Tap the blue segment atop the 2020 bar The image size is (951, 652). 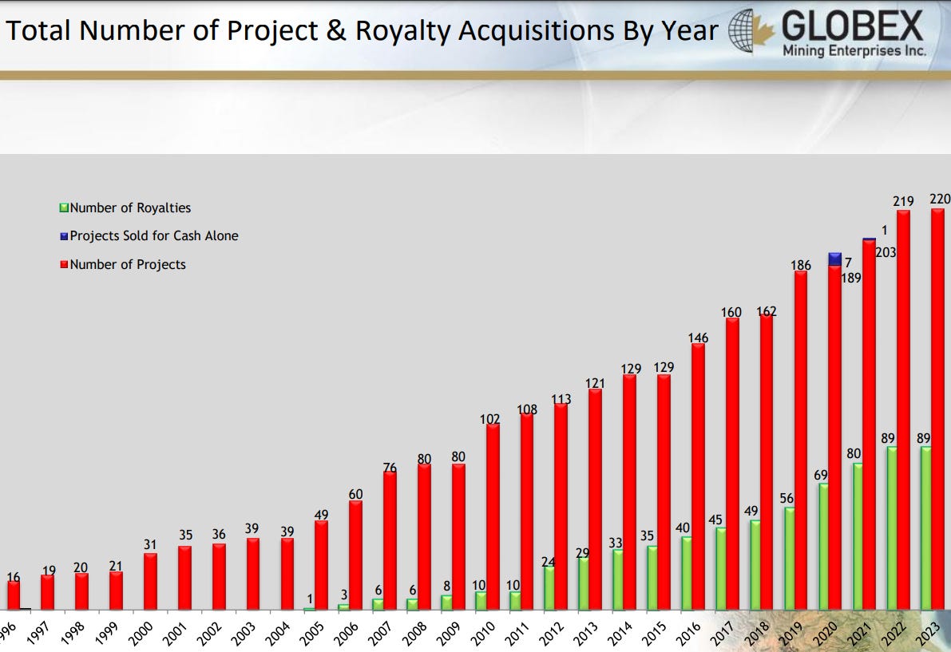coord(835,259)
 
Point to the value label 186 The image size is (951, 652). coord(801,265)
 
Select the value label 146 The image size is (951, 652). coord(698,338)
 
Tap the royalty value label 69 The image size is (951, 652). coord(820,476)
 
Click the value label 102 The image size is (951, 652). coord(490,418)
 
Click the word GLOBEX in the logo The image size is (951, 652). coord(853,27)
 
